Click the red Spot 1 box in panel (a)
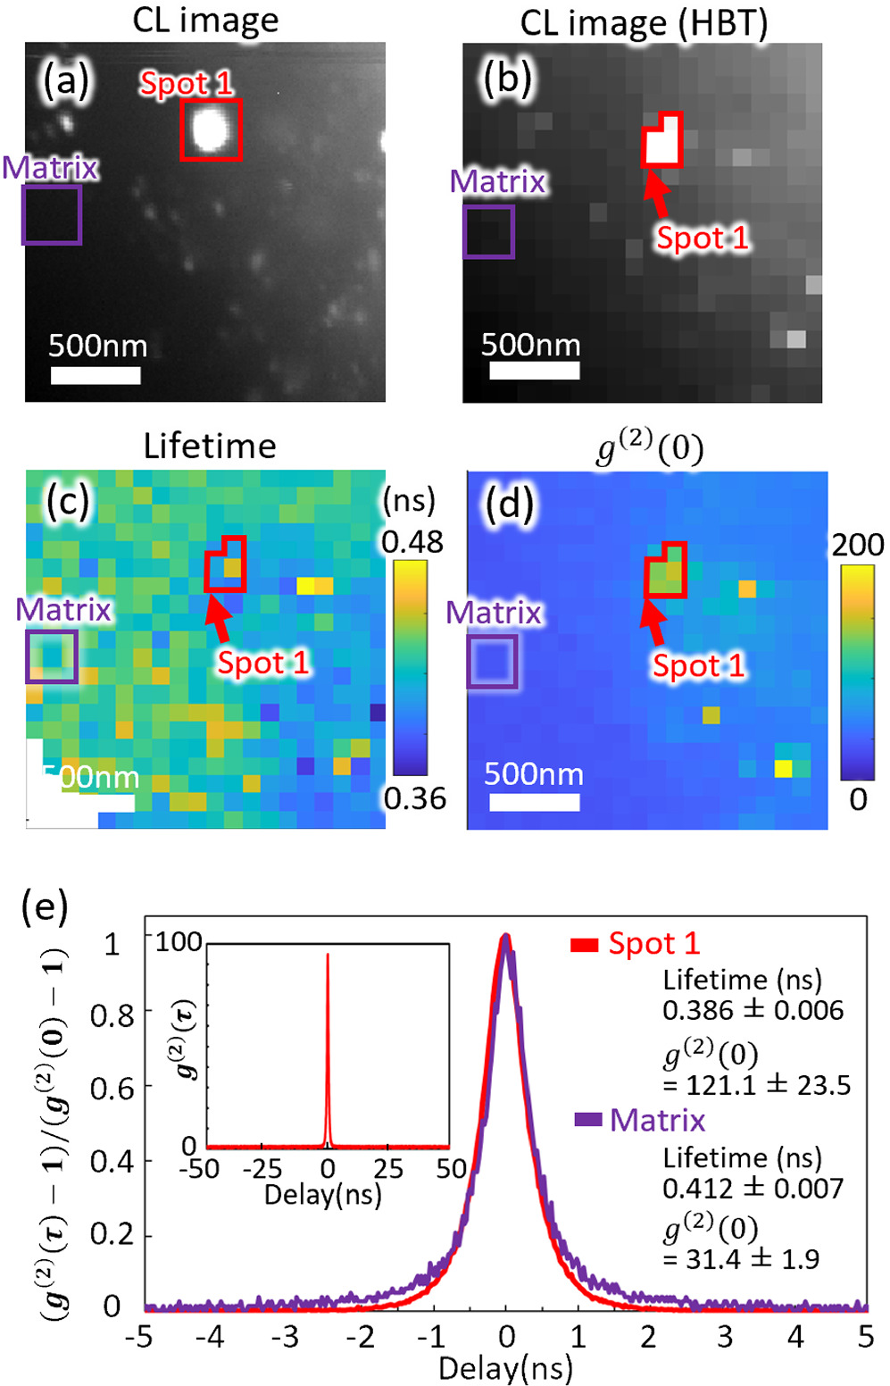(x=211, y=130)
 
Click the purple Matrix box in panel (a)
(x=52, y=215)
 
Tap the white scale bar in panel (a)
(x=96, y=375)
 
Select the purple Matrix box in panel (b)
(x=488, y=232)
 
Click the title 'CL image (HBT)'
(x=643, y=24)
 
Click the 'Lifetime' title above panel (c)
(x=210, y=446)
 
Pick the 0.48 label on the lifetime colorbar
(x=412, y=542)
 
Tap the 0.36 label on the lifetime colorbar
(x=414, y=798)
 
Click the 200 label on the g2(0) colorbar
(x=858, y=545)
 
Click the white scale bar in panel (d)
(x=534, y=802)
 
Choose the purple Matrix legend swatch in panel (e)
(x=587, y=1120)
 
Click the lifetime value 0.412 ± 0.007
(x=753, y=1189)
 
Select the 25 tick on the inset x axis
(x=388, y=1168)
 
